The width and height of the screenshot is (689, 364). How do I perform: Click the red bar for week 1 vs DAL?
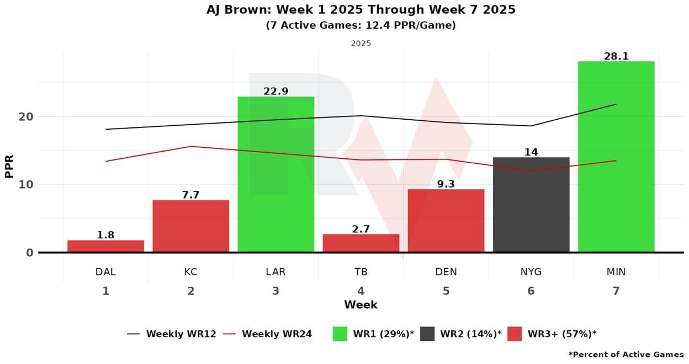pyautogui.click(x=105, y=246)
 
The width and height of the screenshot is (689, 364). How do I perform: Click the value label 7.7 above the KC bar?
pyautogui.click(x=190, y=195)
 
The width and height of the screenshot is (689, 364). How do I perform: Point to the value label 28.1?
pyautogui.click(x=616, y=56)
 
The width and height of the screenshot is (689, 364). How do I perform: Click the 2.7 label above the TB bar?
pyautogui.click(x=361, y=229)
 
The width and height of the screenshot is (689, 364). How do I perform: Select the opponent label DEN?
pyautogui.click(x=446, y=272)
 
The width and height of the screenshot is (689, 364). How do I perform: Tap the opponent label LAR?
pyautogui.click(x=275, y=272)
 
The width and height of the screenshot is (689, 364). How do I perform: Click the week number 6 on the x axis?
pyautogui.click(x=531, y=291)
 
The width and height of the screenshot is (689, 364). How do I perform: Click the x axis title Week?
pyautogui.click(x=361, y=304)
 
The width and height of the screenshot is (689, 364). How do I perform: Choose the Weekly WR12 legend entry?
pyautogui.click(x=172, y=334)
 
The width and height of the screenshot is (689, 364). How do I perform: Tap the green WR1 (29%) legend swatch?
pyautogui.click(x=340, y=334)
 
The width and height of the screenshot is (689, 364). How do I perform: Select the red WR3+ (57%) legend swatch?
pyautogui.click(x=514, y=334)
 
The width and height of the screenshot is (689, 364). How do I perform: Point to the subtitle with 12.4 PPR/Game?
pyautogui.click(x=361, y=25)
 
